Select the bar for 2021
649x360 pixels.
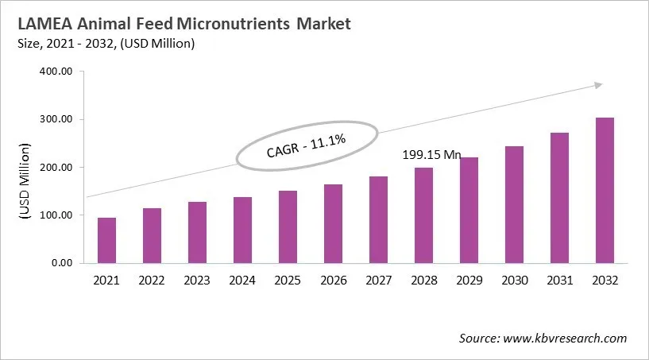(x=106, y=240)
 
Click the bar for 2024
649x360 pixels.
(x=242, y=230)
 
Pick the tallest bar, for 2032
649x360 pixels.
(x=605, y=191)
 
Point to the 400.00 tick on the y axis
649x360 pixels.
(x=56, y=72)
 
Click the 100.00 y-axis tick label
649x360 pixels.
(x=56, y=215)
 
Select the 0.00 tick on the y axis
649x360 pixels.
(x=61, y=263)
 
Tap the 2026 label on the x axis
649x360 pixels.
(x=333, y=281)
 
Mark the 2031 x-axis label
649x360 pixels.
(x=559, y=281)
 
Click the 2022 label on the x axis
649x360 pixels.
(x=152, y=281)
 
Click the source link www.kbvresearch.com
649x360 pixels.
(x=566, y=339)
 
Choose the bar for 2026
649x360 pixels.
(x=333, y=223)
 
